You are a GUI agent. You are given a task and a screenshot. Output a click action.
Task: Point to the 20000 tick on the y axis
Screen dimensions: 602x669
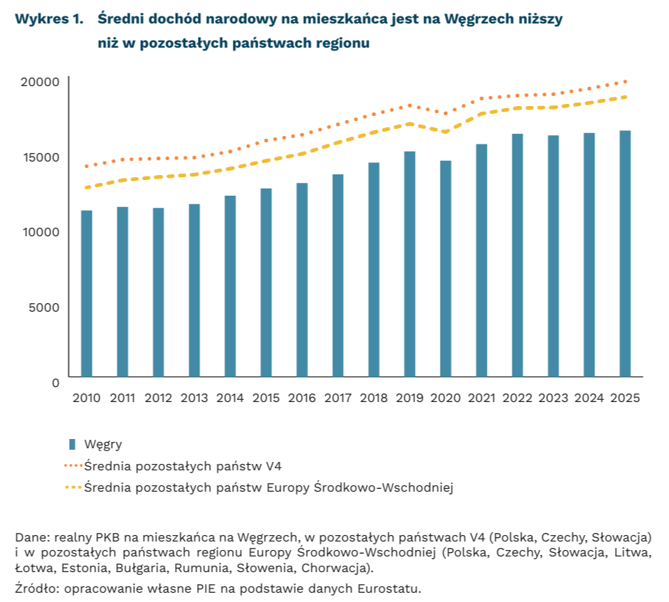coord(39,83)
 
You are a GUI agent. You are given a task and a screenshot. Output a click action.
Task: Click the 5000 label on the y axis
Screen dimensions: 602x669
coord(45,307)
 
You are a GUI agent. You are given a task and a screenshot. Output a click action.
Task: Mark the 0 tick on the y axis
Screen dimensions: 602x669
coord(55,382)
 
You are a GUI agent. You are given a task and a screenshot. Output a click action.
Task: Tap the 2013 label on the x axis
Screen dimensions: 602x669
coord(194,398)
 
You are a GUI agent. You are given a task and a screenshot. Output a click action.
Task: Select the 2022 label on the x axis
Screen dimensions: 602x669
coord(517,398)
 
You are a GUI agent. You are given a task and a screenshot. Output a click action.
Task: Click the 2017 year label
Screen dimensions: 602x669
coord(338,398)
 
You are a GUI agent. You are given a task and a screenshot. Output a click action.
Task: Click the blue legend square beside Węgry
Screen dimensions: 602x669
coord(72,445)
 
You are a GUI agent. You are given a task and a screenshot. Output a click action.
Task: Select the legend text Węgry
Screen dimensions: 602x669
coord(103,445)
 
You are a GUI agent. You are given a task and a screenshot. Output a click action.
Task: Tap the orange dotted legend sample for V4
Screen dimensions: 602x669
coord(73,466)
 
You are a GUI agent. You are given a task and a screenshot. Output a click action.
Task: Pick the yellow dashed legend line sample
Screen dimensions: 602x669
coord(73,487)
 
